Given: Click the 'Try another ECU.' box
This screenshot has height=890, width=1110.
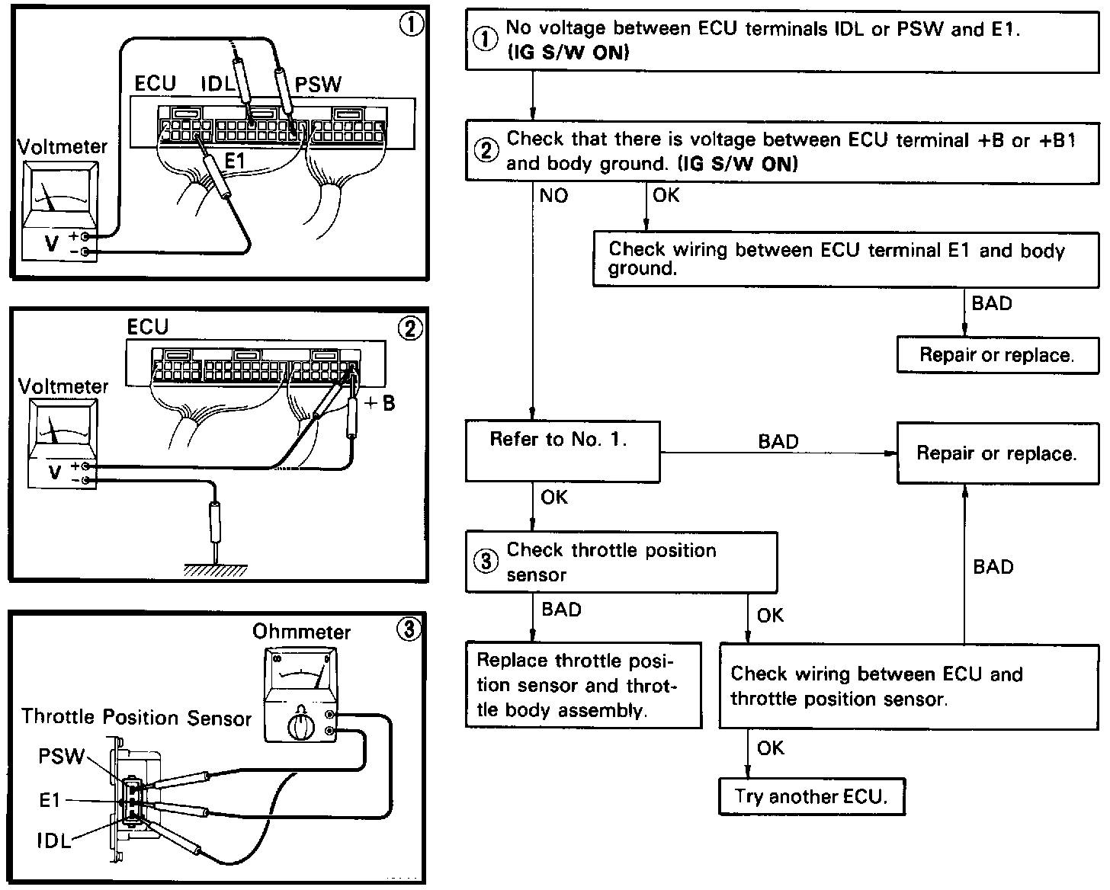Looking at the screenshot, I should point(812,797).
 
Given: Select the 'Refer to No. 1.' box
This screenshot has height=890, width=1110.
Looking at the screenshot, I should point(563,451).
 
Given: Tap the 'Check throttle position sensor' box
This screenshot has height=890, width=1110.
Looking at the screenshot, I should point(621,562).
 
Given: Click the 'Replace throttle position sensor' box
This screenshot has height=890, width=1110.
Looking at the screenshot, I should point(583,685).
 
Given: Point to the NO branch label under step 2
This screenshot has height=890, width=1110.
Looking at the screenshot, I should point(553,196).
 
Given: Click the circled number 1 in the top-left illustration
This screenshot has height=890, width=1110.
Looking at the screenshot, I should point(411,25).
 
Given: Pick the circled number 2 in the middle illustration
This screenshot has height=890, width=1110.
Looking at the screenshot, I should point(409,328).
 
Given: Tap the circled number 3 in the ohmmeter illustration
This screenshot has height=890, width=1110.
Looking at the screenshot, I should point(409,629).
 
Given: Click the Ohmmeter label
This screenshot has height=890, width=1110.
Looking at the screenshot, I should point(301,632).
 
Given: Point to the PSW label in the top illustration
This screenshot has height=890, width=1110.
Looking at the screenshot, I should point(318,85).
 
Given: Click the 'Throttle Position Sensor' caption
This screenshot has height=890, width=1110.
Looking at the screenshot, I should point(136,717).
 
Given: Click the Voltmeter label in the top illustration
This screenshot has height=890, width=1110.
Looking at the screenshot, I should point(63,146).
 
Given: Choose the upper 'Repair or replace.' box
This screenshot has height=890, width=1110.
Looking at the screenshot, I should point(996,355).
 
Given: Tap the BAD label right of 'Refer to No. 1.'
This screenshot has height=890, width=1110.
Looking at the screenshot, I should point(778,442).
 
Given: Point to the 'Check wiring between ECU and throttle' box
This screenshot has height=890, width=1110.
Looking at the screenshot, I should point(909,686).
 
